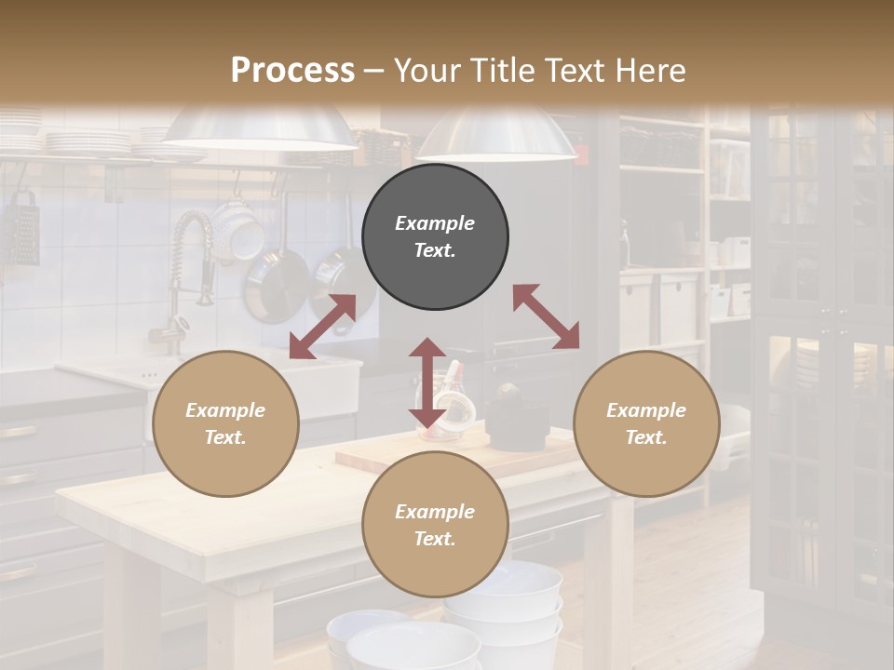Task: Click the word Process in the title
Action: click(292, 71)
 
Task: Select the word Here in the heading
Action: click(646, 71)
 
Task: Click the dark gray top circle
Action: click(435, 237)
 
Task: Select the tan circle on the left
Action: click(225, 424)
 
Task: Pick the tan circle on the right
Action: click(646, 424)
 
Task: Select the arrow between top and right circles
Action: click(546, 317)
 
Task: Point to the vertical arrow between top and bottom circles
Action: click(427, 382)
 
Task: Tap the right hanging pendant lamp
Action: click(495, 135)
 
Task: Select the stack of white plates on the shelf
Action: click(88, 142)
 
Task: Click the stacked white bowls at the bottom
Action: click(503, 605)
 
